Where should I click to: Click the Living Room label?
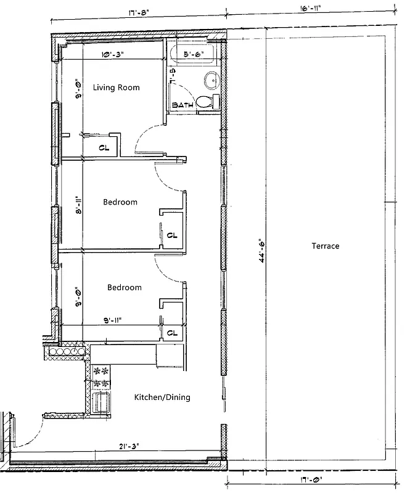116,88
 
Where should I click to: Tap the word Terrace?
325,246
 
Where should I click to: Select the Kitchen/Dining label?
162,397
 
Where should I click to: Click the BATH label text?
182,105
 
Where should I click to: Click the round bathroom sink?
211,79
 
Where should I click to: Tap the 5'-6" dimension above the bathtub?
195,55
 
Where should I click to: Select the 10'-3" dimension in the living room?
113,55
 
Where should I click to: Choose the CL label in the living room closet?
105,148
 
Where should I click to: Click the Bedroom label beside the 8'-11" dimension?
120,202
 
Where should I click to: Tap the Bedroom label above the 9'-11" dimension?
124,287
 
